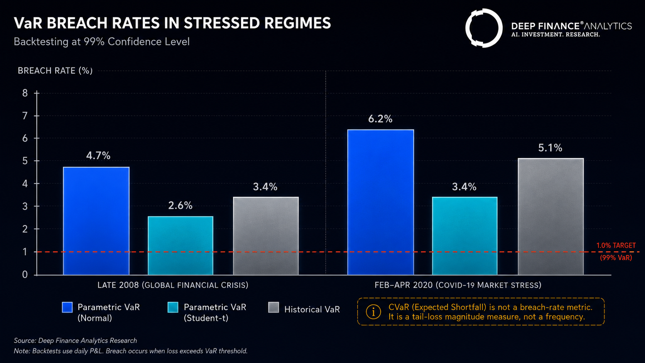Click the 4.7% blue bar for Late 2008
point(96,221)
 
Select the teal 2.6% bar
point(181,246)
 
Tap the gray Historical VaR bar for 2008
point(266,236)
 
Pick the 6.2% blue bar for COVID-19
point(381,202)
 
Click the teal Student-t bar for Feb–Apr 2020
point(465,236)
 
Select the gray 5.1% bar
point(551,216)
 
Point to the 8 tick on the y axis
point(25,93)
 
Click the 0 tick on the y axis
point(25,275)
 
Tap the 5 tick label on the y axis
point(25,161)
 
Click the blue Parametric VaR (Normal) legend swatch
point(67,307)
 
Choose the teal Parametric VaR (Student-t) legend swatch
point(173,307)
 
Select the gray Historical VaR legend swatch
point(273,307)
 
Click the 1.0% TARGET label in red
point(616,246)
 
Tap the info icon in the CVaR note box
point(373,312)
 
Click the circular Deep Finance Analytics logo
point(484,28)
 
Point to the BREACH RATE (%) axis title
point(55,71)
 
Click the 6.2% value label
point(380,118)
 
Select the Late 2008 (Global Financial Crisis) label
point(173,285)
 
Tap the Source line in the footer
point(76,341)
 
